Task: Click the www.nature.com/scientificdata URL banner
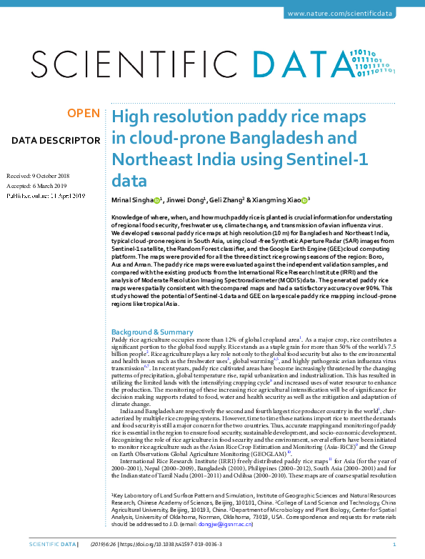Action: point(351,14)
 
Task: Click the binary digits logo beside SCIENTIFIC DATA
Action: point(376,63)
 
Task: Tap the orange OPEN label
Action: point(84,113)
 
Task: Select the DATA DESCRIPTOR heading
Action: point(56,140)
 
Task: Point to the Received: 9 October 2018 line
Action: point(38,175)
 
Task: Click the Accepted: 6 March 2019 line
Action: point(36,185)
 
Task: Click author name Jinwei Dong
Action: point(187,201)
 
